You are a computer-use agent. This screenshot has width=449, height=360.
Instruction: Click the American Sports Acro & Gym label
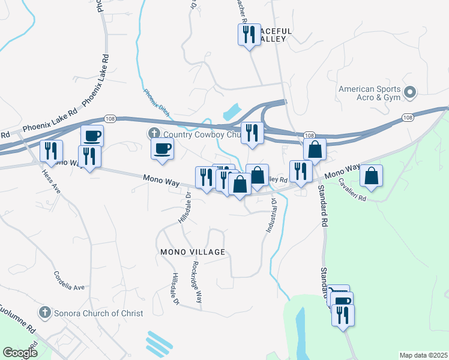(369, 93)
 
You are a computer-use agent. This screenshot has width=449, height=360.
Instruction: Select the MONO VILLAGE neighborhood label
(192, 252)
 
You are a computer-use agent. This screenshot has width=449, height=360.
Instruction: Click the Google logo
(20, 353)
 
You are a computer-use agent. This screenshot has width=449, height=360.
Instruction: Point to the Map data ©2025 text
(423, 355)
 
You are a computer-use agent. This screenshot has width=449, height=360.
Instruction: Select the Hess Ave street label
(51, 181)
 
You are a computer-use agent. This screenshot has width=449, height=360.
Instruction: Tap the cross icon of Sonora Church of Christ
(44, 313)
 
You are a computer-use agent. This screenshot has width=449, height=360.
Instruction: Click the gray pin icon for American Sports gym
(410, 92)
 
